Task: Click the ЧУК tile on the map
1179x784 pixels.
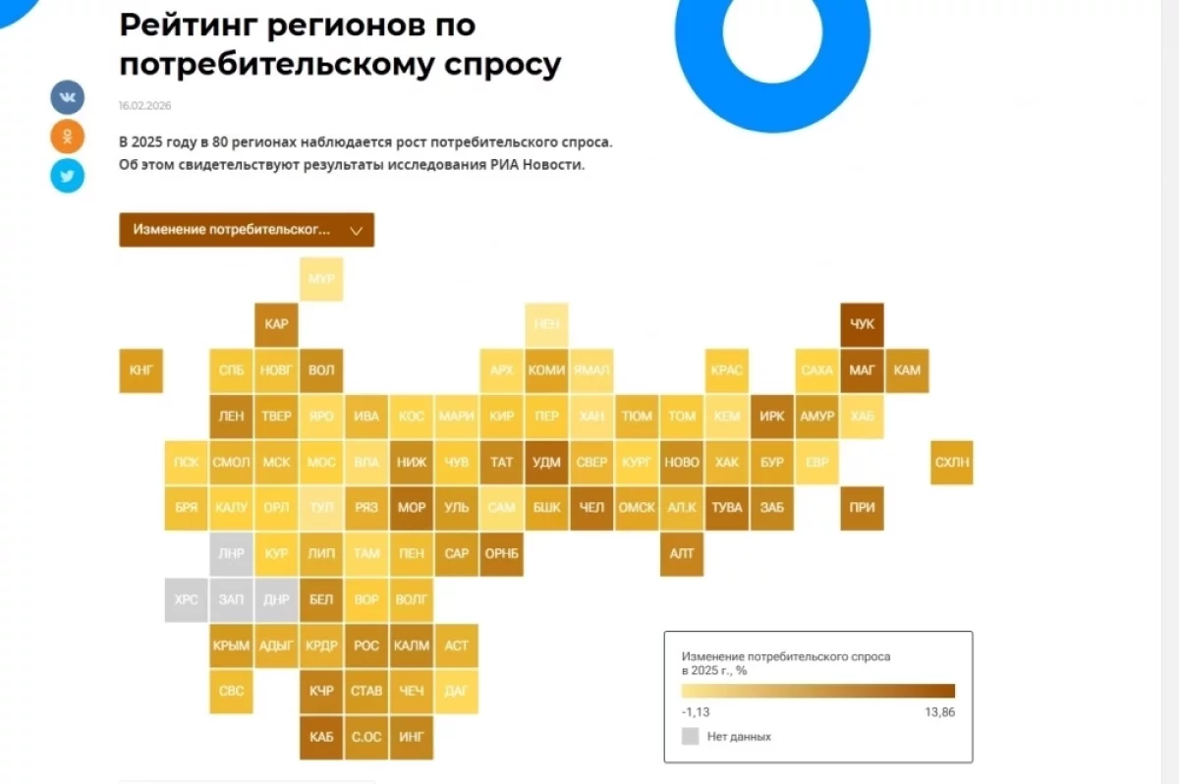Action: coord(863,324)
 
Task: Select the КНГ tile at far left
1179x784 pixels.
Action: coord(140,370)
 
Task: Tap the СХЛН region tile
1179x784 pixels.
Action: coord(952,462)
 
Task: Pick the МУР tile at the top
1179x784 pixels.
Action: coord(321,279)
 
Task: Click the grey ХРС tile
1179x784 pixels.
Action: coord(186,599)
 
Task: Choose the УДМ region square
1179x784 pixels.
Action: coord(546,462)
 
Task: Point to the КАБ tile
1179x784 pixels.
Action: coord(321,737)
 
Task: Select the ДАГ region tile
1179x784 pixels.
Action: coord(456,691)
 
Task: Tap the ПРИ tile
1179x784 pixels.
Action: coord(863,508)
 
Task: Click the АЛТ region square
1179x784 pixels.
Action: coord(682,553)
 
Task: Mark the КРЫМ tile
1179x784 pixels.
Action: coord(231,645)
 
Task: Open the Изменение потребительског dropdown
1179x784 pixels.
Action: coord(247,230)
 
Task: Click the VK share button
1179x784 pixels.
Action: coord(68,97)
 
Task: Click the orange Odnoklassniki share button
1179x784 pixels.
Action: coord(68,136)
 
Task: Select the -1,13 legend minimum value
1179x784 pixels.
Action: coord(697,712)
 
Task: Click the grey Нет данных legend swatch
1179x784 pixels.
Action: coord(691,736)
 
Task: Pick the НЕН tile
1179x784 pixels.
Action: coord(546,324)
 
